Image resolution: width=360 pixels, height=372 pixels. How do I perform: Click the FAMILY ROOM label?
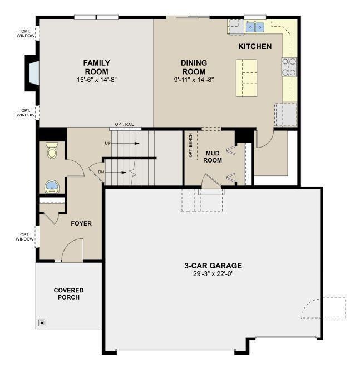tap(96, 67)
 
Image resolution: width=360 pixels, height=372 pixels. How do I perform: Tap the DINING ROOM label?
tap(194, 67)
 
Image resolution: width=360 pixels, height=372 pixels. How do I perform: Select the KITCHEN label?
tap(255, 47)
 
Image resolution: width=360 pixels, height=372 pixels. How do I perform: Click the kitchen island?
tap(246, 78)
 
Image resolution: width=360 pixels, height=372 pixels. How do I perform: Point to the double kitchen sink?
tap(255, 27)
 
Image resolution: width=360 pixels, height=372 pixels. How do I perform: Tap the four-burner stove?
tap(289, 67)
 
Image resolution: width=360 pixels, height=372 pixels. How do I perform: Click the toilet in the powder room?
tap(52, 150)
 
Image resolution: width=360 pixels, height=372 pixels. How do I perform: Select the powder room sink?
tap(52, 187)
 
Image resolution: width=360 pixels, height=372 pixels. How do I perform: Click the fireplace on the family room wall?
tap(32, 73)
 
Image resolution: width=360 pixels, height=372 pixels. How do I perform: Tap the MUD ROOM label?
tap(213, 157)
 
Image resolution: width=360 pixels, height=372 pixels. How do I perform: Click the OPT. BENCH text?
tap(190, 145)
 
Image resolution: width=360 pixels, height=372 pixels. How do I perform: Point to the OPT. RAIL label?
tap(125, 124)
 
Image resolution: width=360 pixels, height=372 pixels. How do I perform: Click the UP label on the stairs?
tap(108, 143)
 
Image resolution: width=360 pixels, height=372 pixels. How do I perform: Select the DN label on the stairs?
tap(101, 172)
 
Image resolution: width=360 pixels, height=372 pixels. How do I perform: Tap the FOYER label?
tap(81, 223)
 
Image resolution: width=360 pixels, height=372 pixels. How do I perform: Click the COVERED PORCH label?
tap(68, 293)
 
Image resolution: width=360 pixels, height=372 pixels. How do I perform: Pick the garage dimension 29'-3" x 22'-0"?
tap(213, 274)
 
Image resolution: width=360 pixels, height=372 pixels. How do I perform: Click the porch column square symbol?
tap(42, 322)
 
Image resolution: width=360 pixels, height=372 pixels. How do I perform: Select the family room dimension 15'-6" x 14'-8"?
tap(97, 80)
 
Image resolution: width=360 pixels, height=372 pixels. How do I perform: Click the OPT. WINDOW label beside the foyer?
tap(24, 237)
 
